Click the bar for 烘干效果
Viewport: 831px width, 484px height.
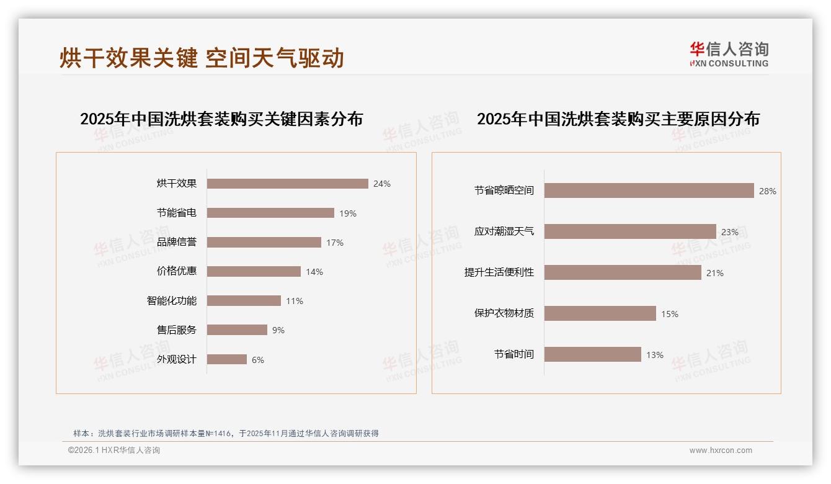coord(287,184)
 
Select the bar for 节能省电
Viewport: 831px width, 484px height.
coord(270,213)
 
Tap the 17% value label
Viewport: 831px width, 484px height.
coord(335,243)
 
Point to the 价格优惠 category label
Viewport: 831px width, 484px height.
coord(177,271)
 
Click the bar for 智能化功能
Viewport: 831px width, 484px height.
coord(244,301)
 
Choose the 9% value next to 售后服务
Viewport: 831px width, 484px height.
coord(278,330)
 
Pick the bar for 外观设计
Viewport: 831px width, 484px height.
coord(227,359)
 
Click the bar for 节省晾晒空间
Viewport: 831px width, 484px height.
coord(649,190)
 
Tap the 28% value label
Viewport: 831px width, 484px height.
coord(767,191)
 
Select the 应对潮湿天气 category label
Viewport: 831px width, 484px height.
coord(504,231)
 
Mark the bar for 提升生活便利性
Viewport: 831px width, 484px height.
coord(623,272)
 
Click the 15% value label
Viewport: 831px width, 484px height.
coord(669,314)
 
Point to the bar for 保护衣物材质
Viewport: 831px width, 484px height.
coord(600,313)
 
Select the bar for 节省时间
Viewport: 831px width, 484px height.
coord(592,354)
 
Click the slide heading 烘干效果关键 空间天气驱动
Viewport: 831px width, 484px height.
coord(202,58)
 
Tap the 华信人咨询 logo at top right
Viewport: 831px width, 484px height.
coord(729,55)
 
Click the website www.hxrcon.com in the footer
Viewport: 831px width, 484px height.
coord(721,450)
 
